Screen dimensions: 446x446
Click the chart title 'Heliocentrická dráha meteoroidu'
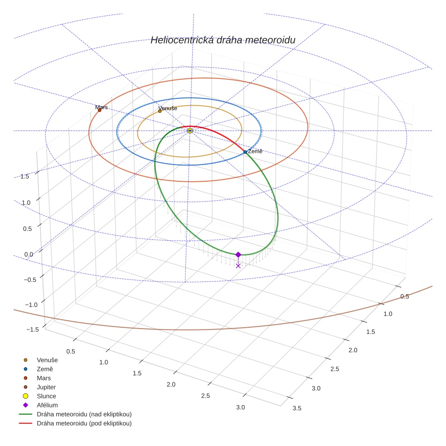pyautogui.click(x=223, y=40)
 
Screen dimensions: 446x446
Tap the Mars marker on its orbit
pyautogui.click(x=100, y=110)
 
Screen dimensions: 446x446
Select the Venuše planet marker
pyautogui.click(x=160, y=111)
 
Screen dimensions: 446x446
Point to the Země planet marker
pyautogui.click(x=245, y=152)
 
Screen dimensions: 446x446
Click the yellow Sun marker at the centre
pyautogui.click(x=190, y=131)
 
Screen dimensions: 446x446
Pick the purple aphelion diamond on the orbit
pyautogui.click(x=238, y=255)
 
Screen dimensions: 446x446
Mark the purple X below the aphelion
pyautogui.click(x=238, y=266)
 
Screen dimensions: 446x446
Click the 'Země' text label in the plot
pyautogui.click(x=255, y=151)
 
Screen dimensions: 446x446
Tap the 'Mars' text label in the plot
pyautogui.click(x=102, y=107)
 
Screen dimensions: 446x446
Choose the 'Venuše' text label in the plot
pyautogui.click(x=168, y=108)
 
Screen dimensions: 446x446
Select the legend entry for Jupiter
pyautogui.click(x=46, y=387)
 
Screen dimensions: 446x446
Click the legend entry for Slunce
pyautogui.click(x=46, y=396)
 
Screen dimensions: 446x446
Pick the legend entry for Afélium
pyautogui.click(x=47, y=405)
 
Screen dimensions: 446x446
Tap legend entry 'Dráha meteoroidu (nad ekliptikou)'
pyautogui.click(x=84, y=414)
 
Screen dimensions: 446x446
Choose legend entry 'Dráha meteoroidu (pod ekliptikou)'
pyautogui.click(x=84, y=423)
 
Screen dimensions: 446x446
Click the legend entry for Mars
pyautogui.click(x=44, y=378)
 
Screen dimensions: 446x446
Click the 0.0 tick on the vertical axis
pyautogui.click(x=29, y=254)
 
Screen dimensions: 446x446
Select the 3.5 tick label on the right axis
pyautogui.click(x=297, y=408)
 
